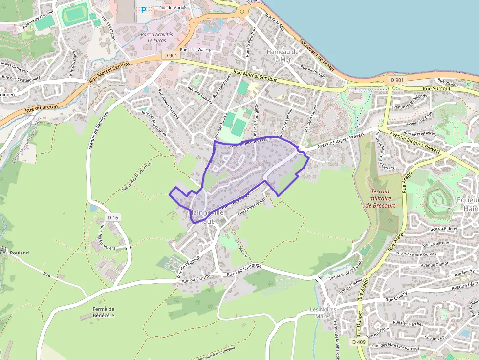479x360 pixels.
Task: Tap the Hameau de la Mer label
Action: (x=282, y=55)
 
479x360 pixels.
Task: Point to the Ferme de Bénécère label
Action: (x=103, y=312)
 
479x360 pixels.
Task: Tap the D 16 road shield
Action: (x=112, y=217)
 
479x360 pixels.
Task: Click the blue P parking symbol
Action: (x=144, y=10)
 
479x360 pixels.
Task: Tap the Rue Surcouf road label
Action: (x=433, y=89)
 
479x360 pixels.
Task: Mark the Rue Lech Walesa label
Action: (x=195, y=50)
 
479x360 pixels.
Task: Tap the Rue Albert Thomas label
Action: (x=168, y=104)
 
